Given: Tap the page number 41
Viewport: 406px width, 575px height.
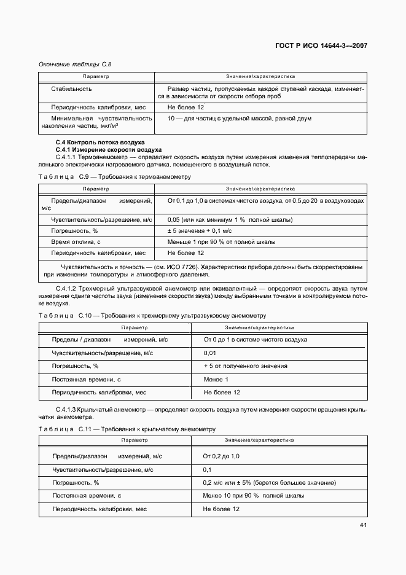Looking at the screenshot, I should point(362,525).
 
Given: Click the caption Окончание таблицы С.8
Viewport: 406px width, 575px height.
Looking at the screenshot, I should point(74,64).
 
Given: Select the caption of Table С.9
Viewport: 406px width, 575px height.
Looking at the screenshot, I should point(114,176).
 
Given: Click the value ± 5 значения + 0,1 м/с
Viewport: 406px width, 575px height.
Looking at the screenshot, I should point(199,231).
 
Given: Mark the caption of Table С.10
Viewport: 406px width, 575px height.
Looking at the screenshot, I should point(152,315).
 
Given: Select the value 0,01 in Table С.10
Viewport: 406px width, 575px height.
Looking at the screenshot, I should point(209,353).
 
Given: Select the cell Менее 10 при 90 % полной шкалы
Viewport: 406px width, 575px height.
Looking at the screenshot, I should point(253,496).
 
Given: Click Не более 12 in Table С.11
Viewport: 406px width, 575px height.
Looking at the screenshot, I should point(221,509).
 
